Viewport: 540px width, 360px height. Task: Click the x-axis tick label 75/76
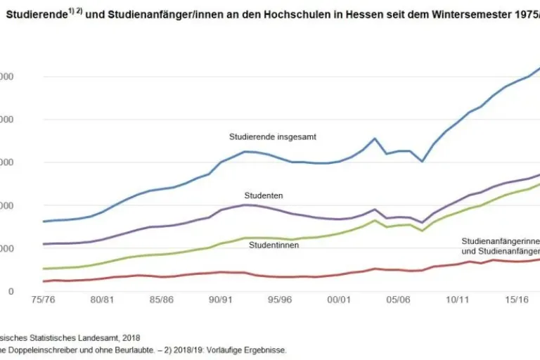tap(44, 299)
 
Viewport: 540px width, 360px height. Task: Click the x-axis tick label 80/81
tap(103, 299)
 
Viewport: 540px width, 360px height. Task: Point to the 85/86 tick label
tap(162, 299)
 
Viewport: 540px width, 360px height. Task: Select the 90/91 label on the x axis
tap(221, 299)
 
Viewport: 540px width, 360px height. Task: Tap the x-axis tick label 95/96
tap(280, 299)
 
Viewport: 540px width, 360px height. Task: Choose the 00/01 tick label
tap(339, 299)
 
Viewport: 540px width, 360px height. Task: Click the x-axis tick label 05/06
tap(398, 299)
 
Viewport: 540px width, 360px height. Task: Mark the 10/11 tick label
tap(458, 299)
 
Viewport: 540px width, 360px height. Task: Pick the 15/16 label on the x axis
tap(517, 299)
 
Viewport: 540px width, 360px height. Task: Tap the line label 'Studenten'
tap(264, 195)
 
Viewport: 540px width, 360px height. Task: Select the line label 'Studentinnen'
tap(274, 245)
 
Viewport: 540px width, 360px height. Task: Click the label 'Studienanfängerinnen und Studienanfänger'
tap(500, 245)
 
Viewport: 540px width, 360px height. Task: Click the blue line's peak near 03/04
tap(375, 139)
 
